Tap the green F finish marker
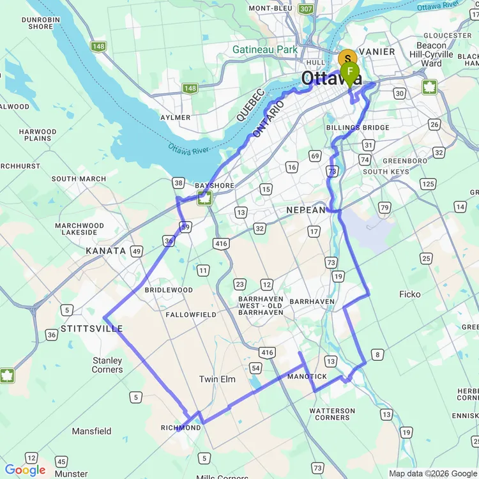tap(350, 72)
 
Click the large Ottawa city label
tap(331, 79)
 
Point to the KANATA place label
tap(105, 251)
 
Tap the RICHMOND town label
tap(181, 428)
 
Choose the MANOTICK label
tap(307, 377)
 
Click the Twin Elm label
tap(217, 379)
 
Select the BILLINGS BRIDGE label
tap(358, 128)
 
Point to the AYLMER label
tap(175, 118)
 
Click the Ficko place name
tap(410, 294)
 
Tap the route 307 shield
tap(306, 9)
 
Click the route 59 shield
tap(185, 227)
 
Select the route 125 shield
tap(427, 185)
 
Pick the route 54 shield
tap(255, 368)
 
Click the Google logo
tap(25, 470)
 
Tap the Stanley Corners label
tap(107, 365)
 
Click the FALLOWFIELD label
tap(191, 315)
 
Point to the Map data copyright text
tap(432, 473)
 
